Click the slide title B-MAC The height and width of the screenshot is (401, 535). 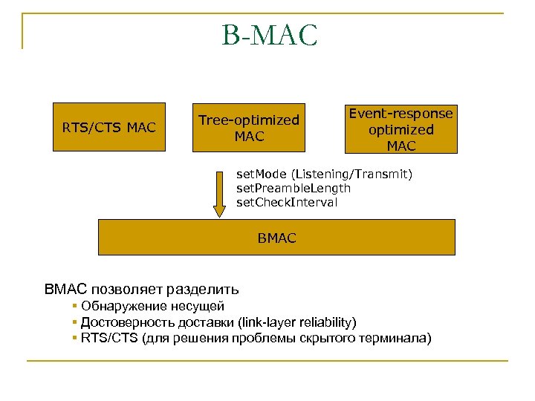[269, 35]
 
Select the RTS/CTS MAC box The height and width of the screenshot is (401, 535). [109, 128]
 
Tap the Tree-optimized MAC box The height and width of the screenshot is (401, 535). [249, 128]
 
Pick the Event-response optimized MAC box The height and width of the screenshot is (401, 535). [401, 128]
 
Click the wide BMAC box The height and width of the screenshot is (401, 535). [276, 238]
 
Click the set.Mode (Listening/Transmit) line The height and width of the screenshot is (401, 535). [324, 174]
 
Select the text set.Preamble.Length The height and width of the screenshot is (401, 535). [294, 188]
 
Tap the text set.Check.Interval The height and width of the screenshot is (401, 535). [287, 202]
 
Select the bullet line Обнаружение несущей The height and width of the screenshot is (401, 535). [152, 306]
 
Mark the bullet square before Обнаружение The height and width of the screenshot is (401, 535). [75, 306]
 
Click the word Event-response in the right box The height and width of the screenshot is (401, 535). [401, 114]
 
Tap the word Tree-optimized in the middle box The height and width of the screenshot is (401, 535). [249, 120]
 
